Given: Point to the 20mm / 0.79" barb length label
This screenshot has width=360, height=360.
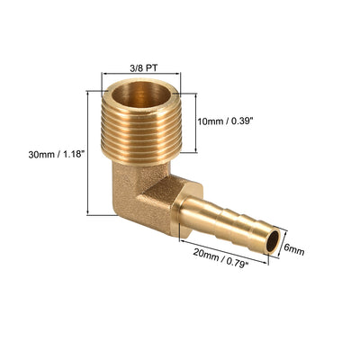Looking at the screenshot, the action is pyautogui.click(x=221, y=256).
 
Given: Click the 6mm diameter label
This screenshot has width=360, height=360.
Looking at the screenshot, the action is pyautogui.click(x=294, y=249).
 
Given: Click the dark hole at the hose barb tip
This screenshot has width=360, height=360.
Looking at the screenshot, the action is pyautogui.click(x=273, y=242).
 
